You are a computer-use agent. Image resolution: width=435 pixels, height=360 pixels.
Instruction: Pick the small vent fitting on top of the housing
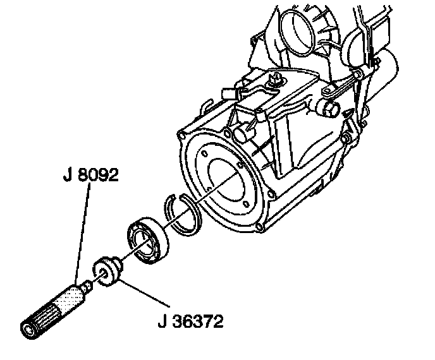[x=276, y=80]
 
